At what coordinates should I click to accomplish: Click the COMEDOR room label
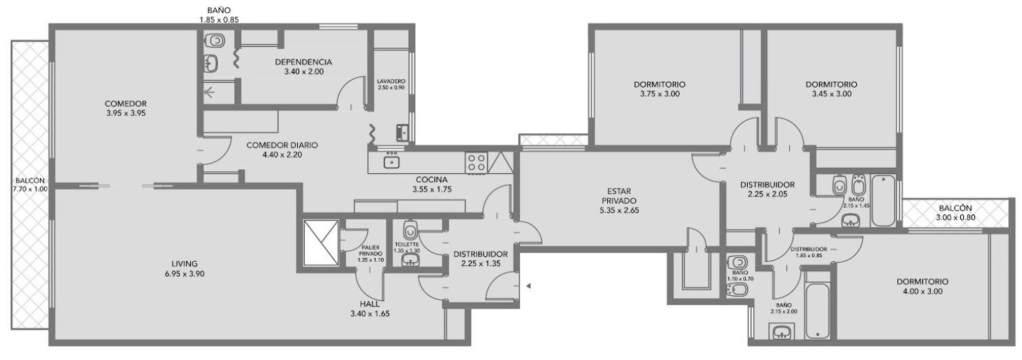point(125,104)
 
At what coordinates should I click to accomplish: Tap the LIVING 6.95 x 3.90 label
point(185,269)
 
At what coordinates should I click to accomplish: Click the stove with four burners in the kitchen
point(476,162)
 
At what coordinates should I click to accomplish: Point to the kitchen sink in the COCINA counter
point(391,162)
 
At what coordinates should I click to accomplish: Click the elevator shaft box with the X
point(321,242)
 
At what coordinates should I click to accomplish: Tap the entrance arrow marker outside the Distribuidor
point(529,286)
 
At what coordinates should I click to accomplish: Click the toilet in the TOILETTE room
point(411,230)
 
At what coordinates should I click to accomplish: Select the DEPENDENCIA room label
point(303,62)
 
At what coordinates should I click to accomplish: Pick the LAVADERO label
point(391,81)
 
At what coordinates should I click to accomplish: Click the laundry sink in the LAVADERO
point(403,132)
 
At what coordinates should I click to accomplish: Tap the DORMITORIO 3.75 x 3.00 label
point(660,89)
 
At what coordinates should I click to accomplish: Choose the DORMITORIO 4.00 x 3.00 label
point(923,286)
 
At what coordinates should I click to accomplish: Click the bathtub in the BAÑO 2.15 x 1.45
point(883,200)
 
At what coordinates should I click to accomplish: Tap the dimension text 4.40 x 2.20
point(282,155)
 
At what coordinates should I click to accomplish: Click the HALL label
point(370,304)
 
